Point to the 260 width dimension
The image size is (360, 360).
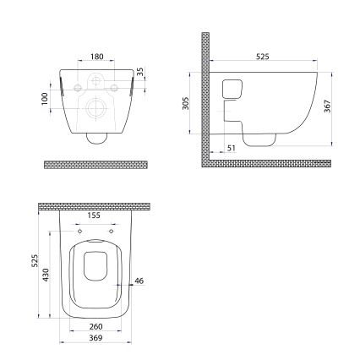[x=95, y=326]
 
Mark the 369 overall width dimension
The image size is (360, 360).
[x=95, y=338]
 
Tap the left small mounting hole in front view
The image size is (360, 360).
[x=78, y=88]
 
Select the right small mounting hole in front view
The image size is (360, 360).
[x=113, y=88]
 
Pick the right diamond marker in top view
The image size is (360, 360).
[x=111, y=230]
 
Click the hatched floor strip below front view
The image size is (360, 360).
[x=95, y=162]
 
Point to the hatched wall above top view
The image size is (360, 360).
[x=95, y=205]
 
